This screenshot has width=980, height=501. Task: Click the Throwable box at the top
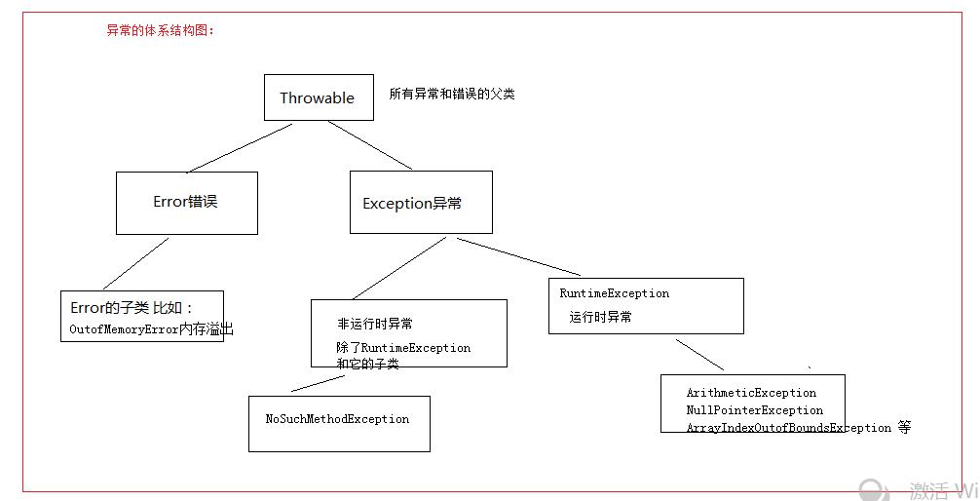(x=319, y=97)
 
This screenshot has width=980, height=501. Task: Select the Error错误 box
(x=187, y=204)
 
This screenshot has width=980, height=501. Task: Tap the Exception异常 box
(x=421, y=202)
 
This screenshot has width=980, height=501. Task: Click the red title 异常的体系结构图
(x=160, y=30)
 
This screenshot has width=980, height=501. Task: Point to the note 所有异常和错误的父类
(x=452, y=94)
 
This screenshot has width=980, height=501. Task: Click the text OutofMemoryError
(x=125, y=329)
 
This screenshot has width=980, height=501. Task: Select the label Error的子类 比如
(x=132, y=308)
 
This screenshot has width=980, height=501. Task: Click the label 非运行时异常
(x=375, y=324)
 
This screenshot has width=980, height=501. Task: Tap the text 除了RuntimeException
(x=403, y=347)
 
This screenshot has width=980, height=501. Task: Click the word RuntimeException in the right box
(x=615, y=292)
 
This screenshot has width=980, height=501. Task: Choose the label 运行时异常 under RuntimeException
(x=600, y=317)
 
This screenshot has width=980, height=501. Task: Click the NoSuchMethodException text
(x=337, y=419)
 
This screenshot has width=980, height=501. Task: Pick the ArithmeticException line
(x=751, y=393)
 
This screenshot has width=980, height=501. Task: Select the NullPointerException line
(x=754, y=410)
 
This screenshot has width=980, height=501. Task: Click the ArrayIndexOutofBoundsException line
(x=789, y=428)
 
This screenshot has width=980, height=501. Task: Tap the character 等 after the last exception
(x=904, y=427)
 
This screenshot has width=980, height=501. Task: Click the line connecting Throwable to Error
(x=240, y=147)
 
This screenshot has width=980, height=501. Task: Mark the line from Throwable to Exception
(x=370, y=145)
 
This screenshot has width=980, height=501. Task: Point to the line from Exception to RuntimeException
(x=519, y=256)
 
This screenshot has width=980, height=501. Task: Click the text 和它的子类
(x=367, y=364)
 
